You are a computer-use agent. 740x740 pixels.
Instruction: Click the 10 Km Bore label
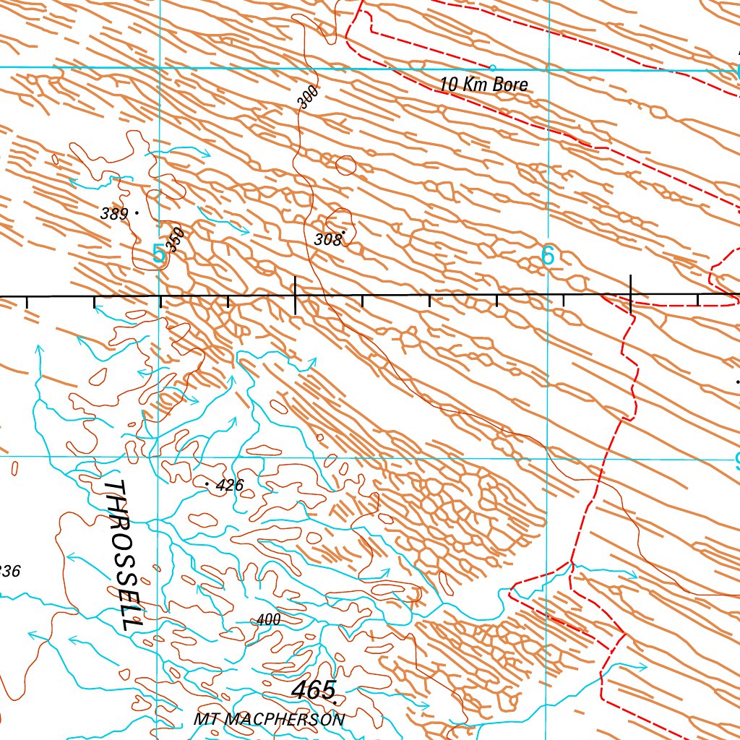[483, 85]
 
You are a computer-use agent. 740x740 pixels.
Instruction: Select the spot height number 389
[114, 213]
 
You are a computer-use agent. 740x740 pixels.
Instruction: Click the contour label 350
[175, 238]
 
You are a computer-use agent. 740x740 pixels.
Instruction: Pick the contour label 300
[307, 97]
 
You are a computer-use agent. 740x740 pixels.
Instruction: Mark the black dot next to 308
[344, 233]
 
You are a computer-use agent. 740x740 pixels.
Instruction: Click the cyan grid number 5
[159, 254]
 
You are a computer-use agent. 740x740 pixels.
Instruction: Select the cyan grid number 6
[548, 256]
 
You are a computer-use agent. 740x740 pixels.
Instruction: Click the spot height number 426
[230, 486]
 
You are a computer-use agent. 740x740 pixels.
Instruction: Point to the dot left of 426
[208, 483]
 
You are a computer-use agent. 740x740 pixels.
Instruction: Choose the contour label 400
[268, 619]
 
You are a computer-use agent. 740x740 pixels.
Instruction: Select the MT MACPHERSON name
[269, 720]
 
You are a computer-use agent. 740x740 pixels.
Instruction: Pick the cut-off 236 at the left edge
[10, 571]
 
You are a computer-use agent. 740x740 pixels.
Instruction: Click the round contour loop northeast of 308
[346, 165]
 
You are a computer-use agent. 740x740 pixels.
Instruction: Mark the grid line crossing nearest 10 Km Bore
[548, 70]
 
